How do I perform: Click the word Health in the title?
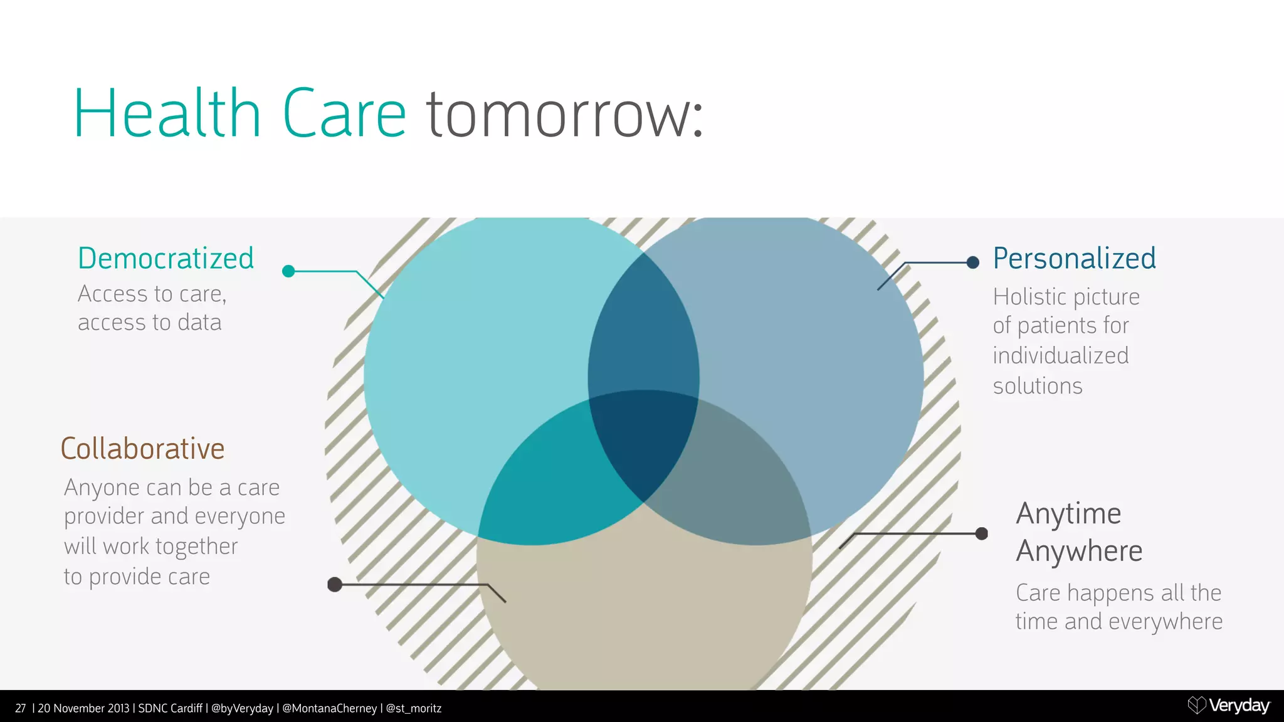tap(167, 114)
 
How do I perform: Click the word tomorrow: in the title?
tap(565, 114)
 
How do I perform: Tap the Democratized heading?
tap(166, 258)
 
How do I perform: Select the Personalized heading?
tap(1075, 258)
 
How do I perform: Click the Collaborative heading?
tap(143, 449)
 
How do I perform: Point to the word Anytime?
tap(1068, 514)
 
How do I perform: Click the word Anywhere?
tap(1079, 552)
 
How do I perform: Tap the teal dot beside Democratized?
tap(288, 271)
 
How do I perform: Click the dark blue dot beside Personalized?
tap(973, 263)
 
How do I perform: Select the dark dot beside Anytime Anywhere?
tap(982, 533)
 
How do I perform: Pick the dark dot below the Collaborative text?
tap(335, 585)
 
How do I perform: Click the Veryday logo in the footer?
tap(1229, 706)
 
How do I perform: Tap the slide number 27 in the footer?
tap(21, 708)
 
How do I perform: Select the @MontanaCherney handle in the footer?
tap(329, 708)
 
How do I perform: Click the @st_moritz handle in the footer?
tap(414, 708)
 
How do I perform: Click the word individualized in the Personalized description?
tap(1061, 356)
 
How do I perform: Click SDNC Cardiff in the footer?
tap(170, 708)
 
